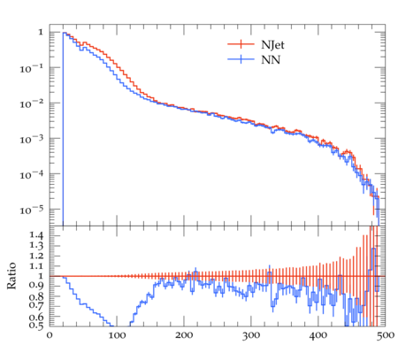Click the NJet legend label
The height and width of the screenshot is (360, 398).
pos(272,45)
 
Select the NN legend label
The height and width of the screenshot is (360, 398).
pos(271,60)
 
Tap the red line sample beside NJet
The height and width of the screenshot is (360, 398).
pos(241,44)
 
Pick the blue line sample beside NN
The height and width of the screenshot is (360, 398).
pos(241,59)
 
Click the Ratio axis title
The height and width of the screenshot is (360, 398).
pos(11,276)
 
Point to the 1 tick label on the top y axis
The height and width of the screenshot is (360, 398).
pos(41,32)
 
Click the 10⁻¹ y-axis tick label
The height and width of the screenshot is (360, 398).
pos(31,68)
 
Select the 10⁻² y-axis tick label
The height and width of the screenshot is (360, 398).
pos(31,103)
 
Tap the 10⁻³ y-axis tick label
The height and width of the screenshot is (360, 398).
pos(31,139)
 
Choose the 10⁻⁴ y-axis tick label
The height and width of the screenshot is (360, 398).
pos(31,174)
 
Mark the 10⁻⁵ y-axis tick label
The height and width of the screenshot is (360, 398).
pos(31,210)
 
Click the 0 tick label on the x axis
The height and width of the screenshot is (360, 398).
pos(50,335)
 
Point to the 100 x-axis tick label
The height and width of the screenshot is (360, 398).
pos(117,335)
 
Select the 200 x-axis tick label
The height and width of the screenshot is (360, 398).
pos(184,335)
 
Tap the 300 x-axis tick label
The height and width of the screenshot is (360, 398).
pos(251,335)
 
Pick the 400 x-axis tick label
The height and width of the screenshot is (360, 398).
pos(318,335)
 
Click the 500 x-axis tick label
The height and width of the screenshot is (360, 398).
pos(386,335)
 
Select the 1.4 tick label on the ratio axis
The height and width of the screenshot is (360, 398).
pos(36,235)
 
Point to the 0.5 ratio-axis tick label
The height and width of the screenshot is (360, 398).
pos(36,326)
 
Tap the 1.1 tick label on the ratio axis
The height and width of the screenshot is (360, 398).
pos(36,266)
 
